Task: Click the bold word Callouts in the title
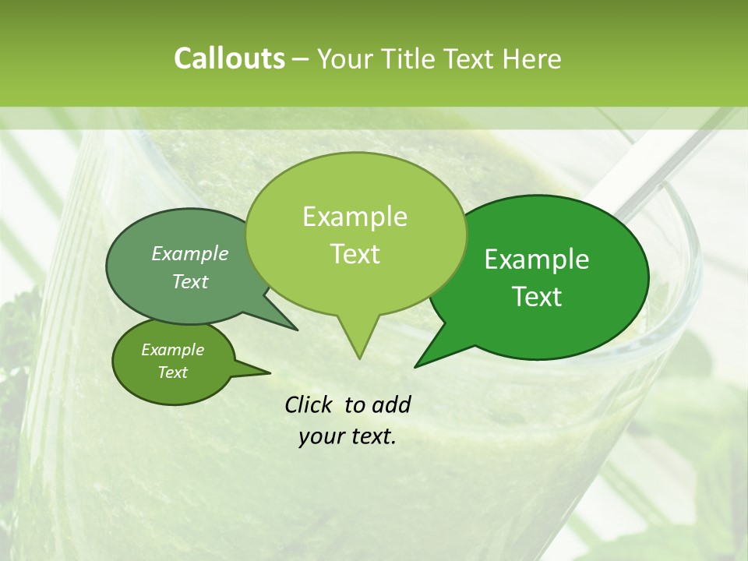click(229, 58)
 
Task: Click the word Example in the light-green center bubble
click(355, 217)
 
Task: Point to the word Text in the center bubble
click(355, 254)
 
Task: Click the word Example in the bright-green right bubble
click(537, 259)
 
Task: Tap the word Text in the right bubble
click(537, 297)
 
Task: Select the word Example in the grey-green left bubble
click(190, 253)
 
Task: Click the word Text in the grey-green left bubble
click(190, 281)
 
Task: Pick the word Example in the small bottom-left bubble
click(172, 350)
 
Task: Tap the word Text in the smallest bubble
click(172, 372)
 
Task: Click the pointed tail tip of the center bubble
click(359, 358)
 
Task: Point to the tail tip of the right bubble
click(415, 365)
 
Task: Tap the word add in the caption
click(390, 404)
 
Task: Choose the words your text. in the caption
click(347, 436)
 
